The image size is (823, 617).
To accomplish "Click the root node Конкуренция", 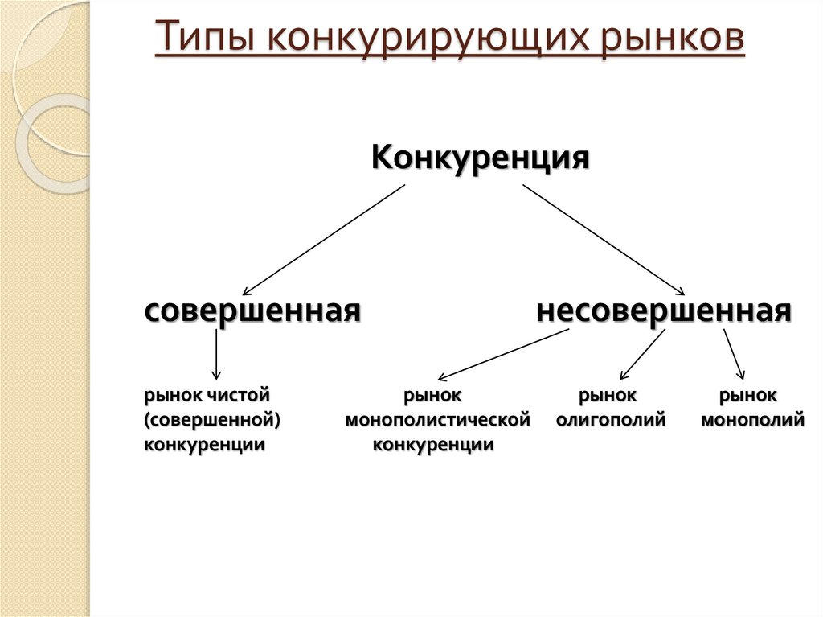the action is pyautogui.click(x=481, y=156).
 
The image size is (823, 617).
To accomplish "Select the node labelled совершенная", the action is pyautogui.click(x=252, y=310).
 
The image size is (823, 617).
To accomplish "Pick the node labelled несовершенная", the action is pyautogui.click(x=665, y=310).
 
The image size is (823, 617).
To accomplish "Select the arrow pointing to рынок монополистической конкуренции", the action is pyautogui.click(x=504, y=354).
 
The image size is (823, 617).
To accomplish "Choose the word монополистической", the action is pyautogui.click(x=438, y=420).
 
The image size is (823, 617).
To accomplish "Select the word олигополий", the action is pyautogui.click(x=611, y=420).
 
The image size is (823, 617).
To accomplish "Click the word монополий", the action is pyautogui.click(x=753, y=420).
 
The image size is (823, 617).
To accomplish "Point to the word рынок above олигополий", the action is pyautogui.click(x=608, y=396).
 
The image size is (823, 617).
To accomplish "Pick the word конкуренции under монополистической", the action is pyautogui.click(x=433, y=445).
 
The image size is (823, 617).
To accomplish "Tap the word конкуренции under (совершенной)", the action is pyautogui.click(x=205, y=445).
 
